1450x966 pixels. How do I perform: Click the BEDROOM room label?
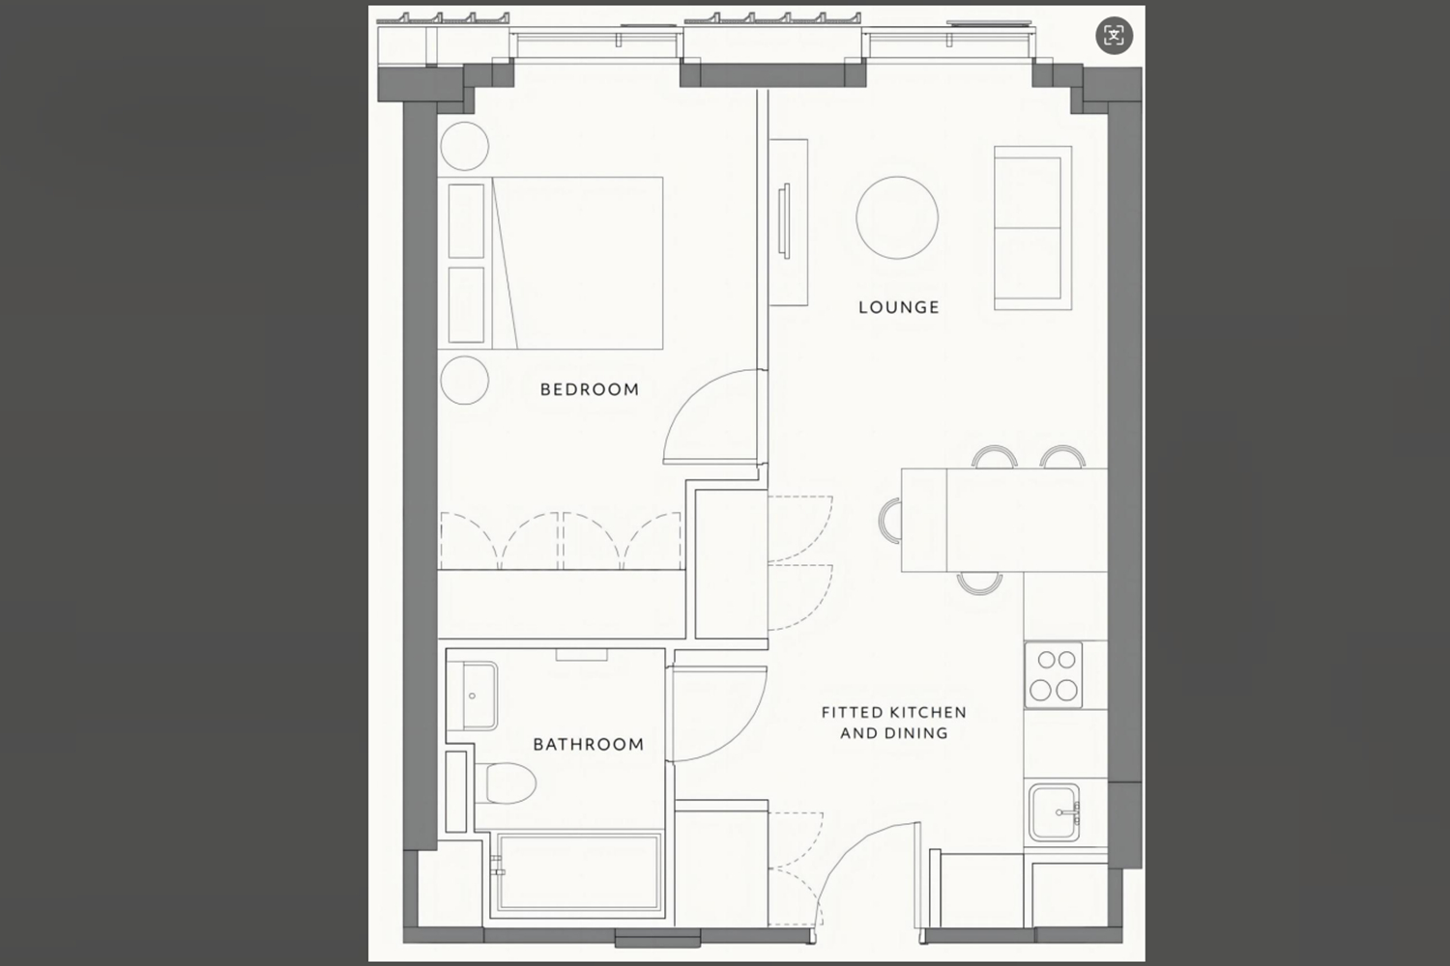pos(590,389)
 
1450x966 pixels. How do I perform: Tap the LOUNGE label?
pos(899,307)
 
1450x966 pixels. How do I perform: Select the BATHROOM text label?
pos(589,744)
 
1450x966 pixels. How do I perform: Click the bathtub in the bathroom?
pos(578,872)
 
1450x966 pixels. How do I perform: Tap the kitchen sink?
pos(1055,812)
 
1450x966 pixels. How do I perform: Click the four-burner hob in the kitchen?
pos(1054,675)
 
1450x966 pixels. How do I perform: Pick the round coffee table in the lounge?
pos(897,217)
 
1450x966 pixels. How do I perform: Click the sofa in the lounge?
pos(1033,228)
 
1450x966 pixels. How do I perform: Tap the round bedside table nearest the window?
pos(465,146)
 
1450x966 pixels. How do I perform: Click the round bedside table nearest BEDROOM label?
pos(465,381)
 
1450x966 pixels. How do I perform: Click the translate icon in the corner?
pos(1114,35)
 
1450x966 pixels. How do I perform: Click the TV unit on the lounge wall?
pos(789,222)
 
